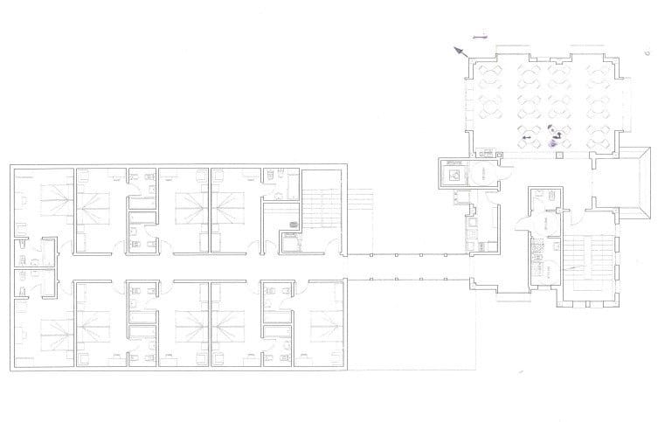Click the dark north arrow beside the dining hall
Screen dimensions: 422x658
pyautogui.click(x=457, y=52)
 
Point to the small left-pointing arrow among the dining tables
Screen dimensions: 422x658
pyautogui.click(x=525, y=138)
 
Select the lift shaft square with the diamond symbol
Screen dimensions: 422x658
pyautogui.click(x=455, y=175)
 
